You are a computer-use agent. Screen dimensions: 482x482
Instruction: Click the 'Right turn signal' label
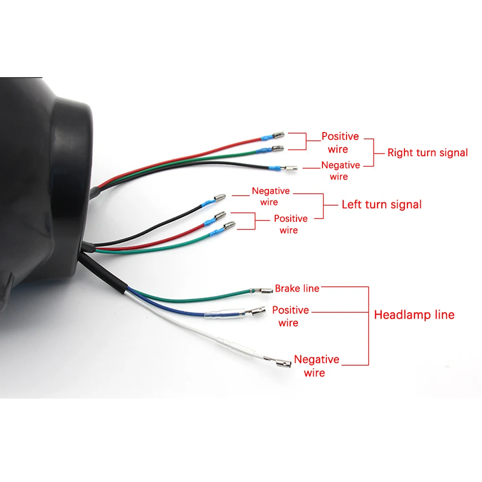click(428, 153)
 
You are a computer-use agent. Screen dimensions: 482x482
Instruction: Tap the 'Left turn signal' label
click(381, 204)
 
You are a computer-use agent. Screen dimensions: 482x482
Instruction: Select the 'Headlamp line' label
click(414, 315)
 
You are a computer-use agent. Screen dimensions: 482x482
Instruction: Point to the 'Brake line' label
click(297, 289)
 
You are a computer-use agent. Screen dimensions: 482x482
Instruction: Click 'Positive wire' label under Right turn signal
click(340, 143)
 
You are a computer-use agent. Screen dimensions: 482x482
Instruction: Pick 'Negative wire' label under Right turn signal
click(340, 171)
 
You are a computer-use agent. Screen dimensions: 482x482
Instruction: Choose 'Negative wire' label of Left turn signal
click(270, 196)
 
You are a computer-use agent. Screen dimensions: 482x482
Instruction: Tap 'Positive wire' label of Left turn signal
click(290, 224)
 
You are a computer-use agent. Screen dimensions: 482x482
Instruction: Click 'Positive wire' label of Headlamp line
click(290, 316)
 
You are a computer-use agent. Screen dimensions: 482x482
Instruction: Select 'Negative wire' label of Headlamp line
click(316, 366)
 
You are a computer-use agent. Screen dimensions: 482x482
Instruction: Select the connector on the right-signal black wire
click(291, 169)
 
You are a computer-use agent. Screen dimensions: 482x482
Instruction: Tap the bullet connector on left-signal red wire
click(219, 215)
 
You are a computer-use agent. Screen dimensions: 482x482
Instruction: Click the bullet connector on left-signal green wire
click(229, 226)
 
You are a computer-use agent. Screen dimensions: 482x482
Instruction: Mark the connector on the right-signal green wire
click(277, 149)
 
